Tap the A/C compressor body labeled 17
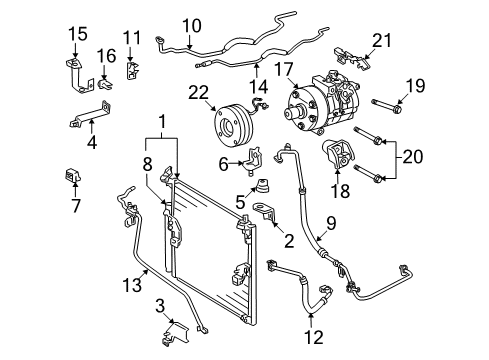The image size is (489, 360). click(326, 103)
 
